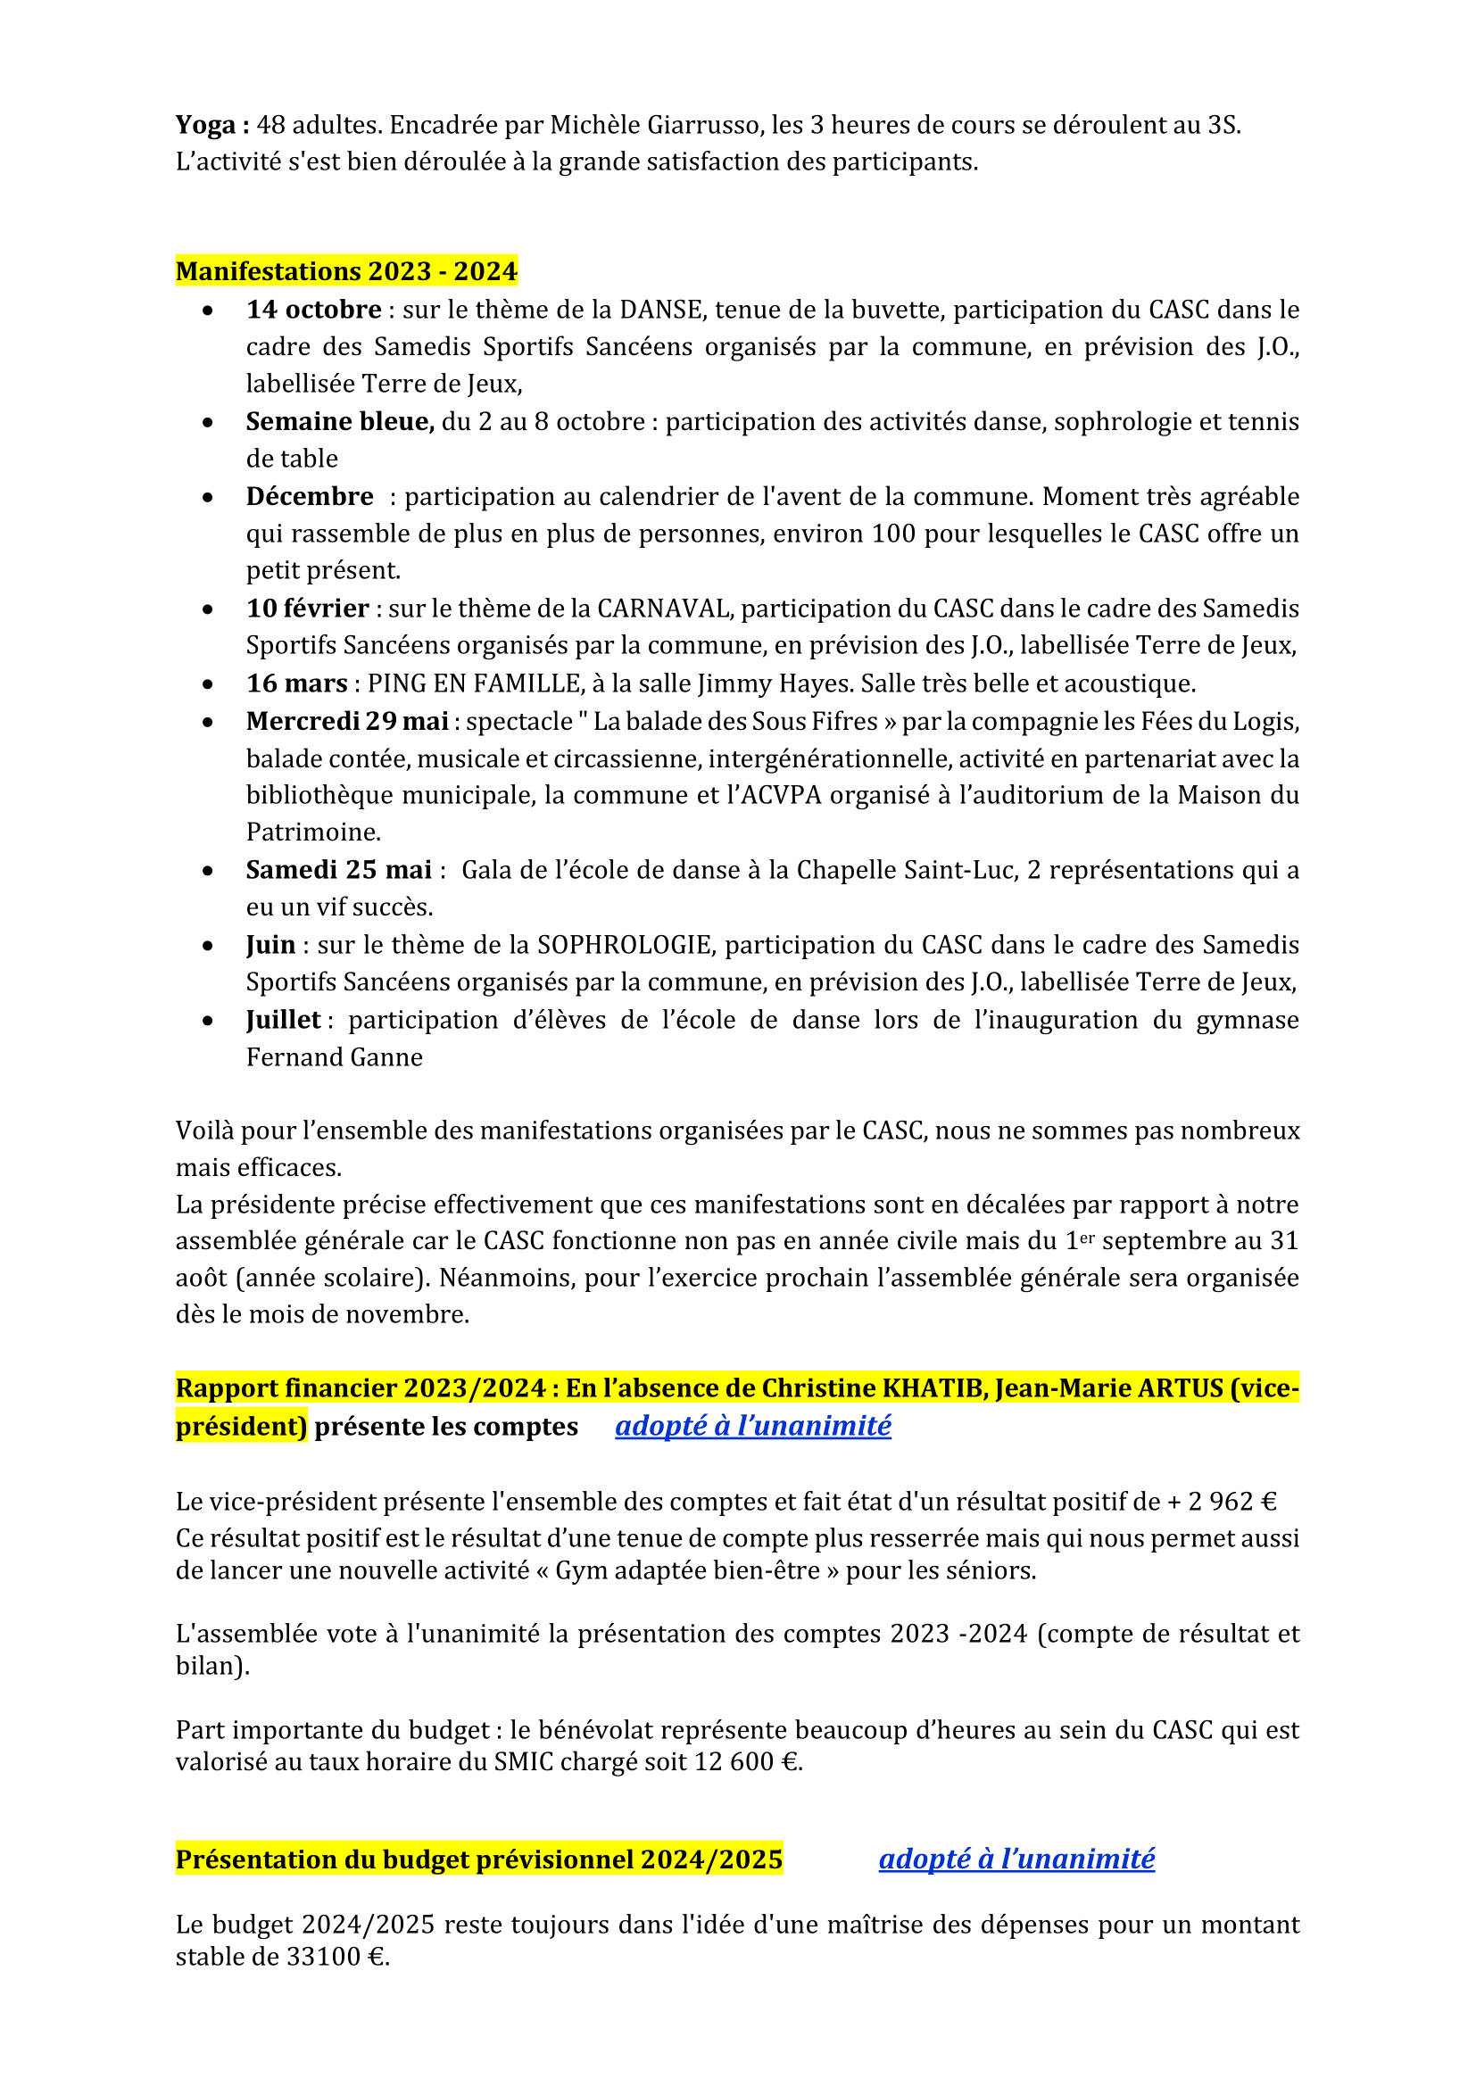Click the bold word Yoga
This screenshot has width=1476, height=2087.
(x=205, y=125)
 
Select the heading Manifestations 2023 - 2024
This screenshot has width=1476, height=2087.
(x=346, y=271)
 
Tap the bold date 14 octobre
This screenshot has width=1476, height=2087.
(x=313, y=309)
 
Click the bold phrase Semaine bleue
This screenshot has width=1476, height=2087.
(x=340, y=421)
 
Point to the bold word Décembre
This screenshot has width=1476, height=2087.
(x=310, y=496)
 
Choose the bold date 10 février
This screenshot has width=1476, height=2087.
(x=307, y=609)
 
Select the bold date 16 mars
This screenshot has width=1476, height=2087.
(x=297, y=683)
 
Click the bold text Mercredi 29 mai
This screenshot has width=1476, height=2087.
(x=347, y=721)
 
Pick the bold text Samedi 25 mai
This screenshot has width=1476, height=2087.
(x=339, y=870)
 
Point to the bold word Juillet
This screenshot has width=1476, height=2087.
(x=284, y=1020)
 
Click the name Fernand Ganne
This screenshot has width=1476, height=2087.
(x=335, y=1057)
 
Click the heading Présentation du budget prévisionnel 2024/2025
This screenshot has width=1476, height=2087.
(x=479, y=1859)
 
